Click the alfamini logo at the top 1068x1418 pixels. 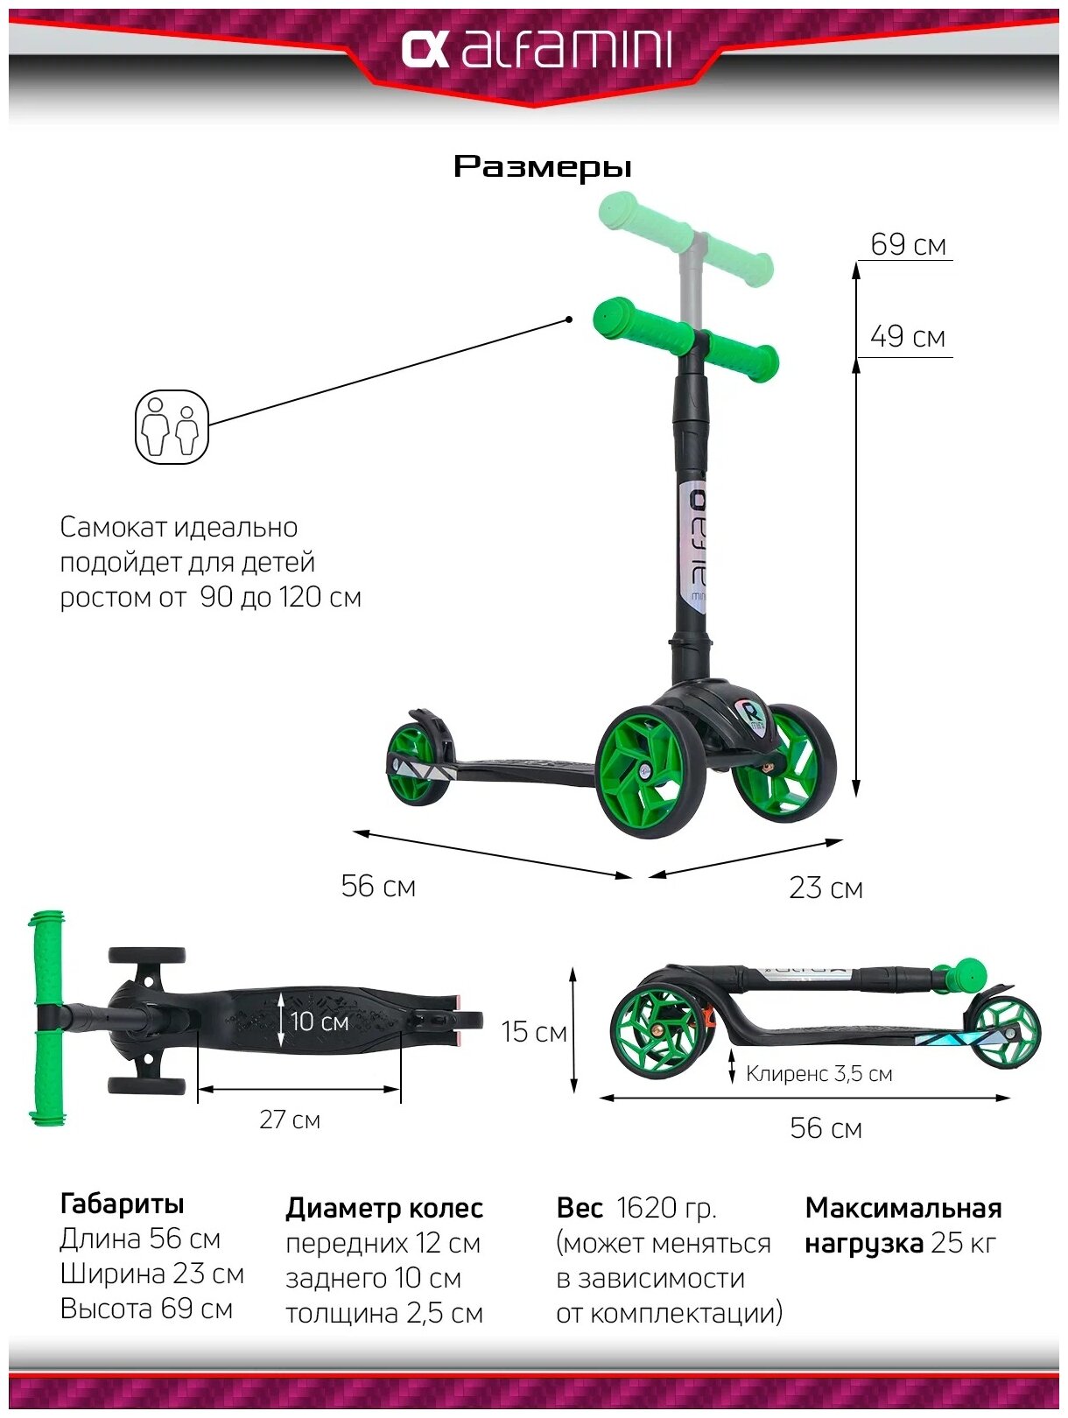(536, 51)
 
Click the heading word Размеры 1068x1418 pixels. (542, 166)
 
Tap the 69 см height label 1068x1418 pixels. (908, 244)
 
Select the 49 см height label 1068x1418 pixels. (908, 337)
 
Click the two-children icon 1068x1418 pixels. (172, 427)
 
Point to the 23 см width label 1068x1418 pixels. (826, 888)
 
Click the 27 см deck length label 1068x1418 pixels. (290, 1120)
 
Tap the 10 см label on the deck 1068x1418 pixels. (319, 1021)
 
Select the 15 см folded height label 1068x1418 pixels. (534, 1032)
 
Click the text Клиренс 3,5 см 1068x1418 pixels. (819, 1074)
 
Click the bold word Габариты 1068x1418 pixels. (122, 1204)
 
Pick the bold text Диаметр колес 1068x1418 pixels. (383, 1208)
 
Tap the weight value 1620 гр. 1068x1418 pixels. (666, 1208)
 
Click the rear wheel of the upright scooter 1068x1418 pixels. (417, 762)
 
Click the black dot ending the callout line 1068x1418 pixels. (569, 319)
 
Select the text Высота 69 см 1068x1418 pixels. (146, 1309)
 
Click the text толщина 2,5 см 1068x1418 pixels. (383, 1313)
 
